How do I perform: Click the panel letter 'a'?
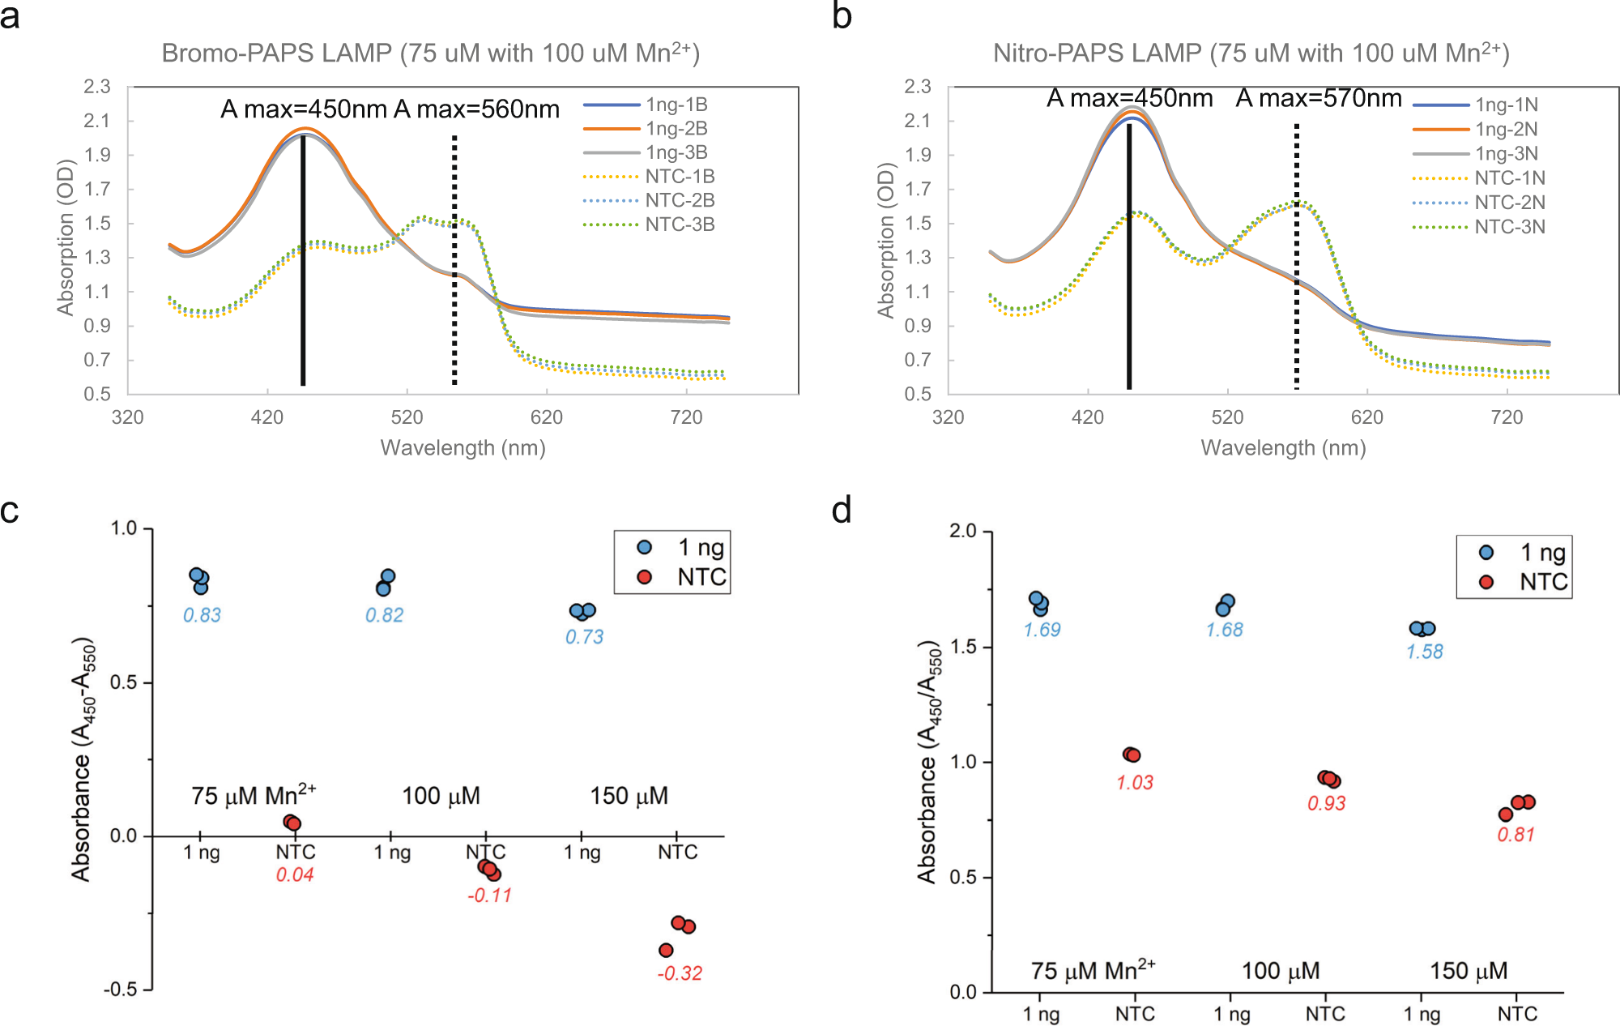tap(10, 16)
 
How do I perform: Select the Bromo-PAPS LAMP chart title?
tap(430, 53)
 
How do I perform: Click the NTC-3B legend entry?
tap(680, 224)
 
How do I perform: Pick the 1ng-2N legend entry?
tap(1506, 129)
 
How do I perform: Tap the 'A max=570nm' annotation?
tap(1318, 99)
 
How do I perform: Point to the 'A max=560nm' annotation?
tap(476, 109)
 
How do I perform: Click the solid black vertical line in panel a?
tap(303, 259)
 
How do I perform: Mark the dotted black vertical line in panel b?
tap(1296, 259)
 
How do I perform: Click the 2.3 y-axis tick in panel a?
tap(97, 87)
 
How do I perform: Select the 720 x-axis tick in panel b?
tap(1507, 417)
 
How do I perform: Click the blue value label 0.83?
tap(202, 615)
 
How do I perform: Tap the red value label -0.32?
tap(680, 973)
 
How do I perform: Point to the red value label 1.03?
tap(1134, 782)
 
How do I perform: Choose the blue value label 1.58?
tap(1424, 652)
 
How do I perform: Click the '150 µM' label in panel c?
tap(629, 796)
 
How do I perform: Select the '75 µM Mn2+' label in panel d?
tap(1092, 970)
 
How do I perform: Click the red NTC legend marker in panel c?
tap(645, 577)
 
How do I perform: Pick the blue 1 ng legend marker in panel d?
tap(1486, 553)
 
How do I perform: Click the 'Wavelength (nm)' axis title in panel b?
tap(1283, 448)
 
